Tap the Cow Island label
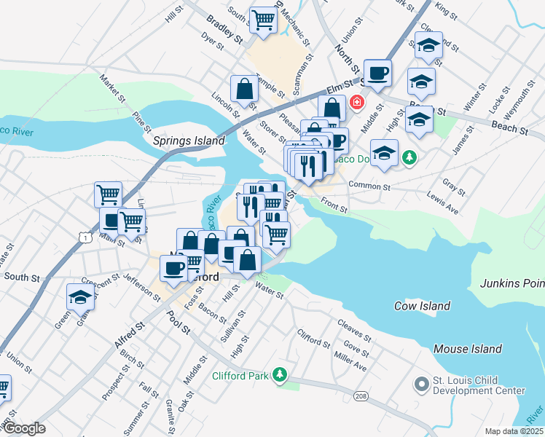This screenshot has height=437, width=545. coord(423,306)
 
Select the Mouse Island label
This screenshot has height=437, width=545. coord(467,349)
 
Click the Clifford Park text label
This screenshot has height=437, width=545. coord(240,376)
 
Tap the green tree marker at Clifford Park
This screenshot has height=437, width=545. coord(278,376)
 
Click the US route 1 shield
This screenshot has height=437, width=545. coord(87,237)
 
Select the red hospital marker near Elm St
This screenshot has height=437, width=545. coord(356,101)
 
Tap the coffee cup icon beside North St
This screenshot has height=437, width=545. coord(377,73)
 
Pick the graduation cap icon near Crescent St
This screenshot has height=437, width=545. coord(80,296)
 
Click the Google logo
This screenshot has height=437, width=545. coord(23,428)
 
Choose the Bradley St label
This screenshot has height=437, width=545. coord(223,28)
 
